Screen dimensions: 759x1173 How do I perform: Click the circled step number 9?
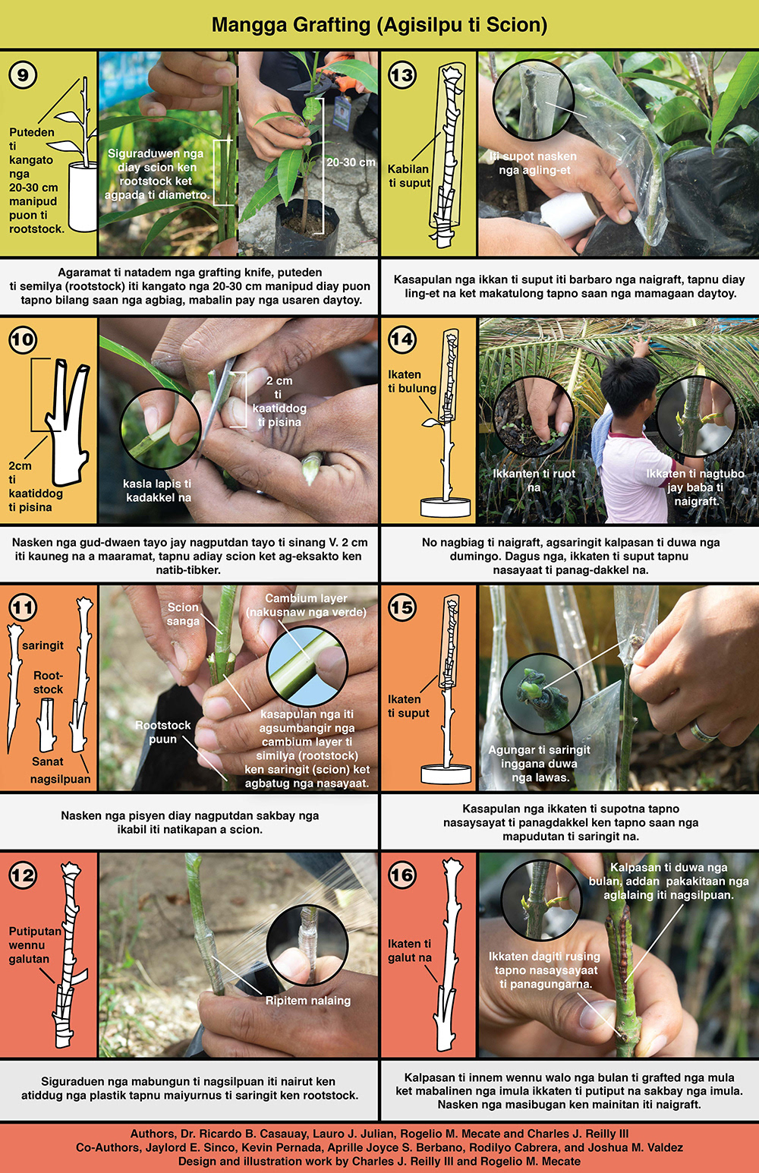tap(23, 74)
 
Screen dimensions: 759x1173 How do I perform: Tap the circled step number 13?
tap(402, 74)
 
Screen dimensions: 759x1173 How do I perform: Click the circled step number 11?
tap(23, 607)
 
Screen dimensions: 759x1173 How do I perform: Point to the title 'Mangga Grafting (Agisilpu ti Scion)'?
tap(379, 24)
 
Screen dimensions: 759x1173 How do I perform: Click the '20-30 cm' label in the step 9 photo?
tap(351, 162)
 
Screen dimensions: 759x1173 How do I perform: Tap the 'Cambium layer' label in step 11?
tap(306, 598)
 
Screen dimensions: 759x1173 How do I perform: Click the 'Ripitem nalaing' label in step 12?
tap(308, 1000)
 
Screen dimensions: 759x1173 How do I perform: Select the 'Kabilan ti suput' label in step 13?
tap(409, 176)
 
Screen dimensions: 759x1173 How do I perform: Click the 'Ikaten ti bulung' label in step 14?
tap(412, 381)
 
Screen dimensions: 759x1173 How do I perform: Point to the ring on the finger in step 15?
tap(703, 730)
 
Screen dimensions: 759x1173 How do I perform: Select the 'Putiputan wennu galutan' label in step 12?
tap(35, 945)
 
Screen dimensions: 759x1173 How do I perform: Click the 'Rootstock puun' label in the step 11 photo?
tap(162, 732)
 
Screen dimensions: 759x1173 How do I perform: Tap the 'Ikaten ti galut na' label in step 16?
tap(410, 951)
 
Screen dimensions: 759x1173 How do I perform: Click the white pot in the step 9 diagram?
tap(82, 197)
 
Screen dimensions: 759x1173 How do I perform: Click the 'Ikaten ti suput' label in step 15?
tap(408, 706)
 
